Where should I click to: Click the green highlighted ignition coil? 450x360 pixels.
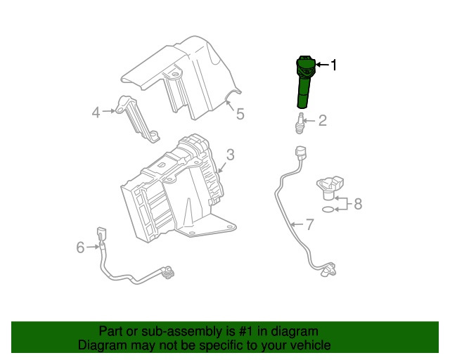306,83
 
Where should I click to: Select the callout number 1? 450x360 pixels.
334,65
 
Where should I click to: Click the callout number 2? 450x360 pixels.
323,121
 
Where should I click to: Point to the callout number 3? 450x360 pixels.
230,155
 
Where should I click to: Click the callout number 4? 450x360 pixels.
96,110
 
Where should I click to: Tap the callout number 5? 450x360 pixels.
240,113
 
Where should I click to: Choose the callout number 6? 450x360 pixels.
80,247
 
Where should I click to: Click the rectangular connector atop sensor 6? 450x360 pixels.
103,233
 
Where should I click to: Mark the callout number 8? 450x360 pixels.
357,204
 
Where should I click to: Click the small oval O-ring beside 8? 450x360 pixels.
328,209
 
